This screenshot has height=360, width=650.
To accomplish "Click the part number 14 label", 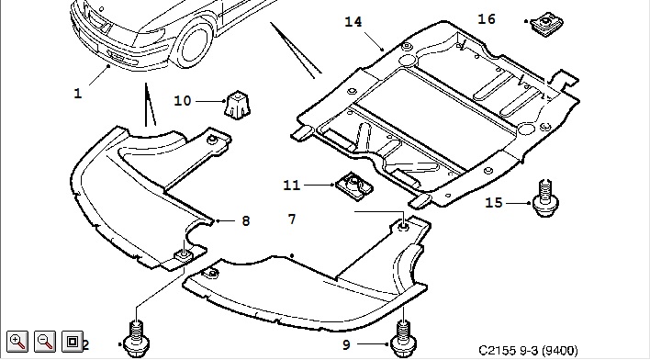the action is point(353,21).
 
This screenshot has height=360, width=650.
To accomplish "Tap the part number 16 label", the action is point(487,19).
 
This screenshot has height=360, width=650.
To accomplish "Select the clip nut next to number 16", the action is point(544,24).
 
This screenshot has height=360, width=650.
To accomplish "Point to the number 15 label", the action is point(494,202).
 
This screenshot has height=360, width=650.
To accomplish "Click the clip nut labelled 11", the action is point(354,186).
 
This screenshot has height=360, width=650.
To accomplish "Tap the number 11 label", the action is point(291,185).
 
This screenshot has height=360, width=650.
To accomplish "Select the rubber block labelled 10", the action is point(238,105).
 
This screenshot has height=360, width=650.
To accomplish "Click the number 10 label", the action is point(183,101).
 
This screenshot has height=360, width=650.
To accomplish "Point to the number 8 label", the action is point(246,221).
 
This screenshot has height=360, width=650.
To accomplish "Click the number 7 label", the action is point(292,219).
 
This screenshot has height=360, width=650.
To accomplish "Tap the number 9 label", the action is point(346,344).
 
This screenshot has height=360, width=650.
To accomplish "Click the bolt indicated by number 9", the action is point(403,338).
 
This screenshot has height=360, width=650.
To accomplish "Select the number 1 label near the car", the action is point(78,94).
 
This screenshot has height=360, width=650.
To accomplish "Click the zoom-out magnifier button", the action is point(45,342).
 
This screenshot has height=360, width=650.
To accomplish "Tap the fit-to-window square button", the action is point(73,342).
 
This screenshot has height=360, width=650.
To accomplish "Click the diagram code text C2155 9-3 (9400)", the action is point(528,351).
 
